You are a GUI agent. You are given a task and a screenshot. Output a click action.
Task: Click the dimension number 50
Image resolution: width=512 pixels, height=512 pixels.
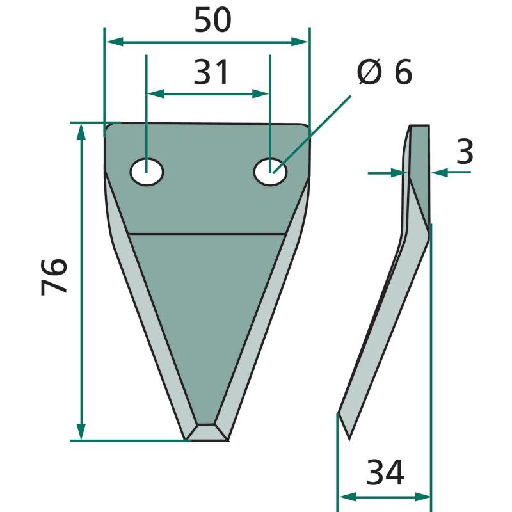point(212,20)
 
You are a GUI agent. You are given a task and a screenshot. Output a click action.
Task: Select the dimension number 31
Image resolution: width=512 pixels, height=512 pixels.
point(211,72)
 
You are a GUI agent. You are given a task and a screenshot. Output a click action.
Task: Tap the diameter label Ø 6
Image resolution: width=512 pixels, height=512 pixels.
point(385,72)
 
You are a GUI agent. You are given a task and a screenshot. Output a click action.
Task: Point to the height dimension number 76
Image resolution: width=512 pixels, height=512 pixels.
point(54,277)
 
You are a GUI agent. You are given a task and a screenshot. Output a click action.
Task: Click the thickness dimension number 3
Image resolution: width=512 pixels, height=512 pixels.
point(465,151)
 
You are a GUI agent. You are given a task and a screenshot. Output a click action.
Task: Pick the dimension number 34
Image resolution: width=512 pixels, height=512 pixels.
point(385,472)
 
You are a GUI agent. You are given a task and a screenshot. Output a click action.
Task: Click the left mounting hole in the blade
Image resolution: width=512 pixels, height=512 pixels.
point(147,172)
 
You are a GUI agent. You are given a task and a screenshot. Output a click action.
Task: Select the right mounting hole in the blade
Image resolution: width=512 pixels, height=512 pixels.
point(270,172)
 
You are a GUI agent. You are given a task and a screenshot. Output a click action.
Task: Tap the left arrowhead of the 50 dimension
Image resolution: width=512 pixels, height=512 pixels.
point(115,42)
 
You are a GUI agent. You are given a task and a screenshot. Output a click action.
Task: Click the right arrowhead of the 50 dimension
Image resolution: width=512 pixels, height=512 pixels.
point(300,42)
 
